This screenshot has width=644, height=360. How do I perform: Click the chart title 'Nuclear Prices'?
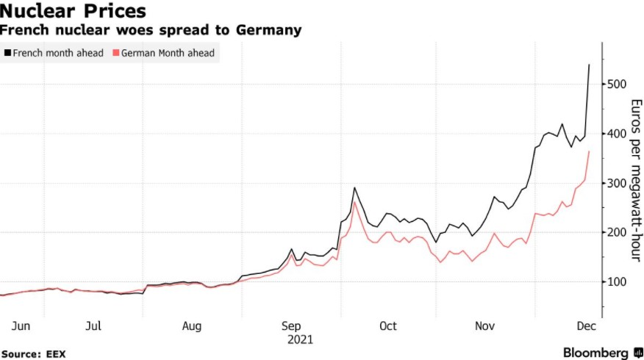click(x=73, y=12)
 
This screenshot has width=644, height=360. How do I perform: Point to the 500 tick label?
click(x=617, y=84)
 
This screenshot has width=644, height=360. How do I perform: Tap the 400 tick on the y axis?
click(x=617, y=134)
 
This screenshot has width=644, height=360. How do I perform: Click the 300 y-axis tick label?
click(x=617, y=183)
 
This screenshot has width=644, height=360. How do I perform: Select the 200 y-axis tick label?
click(x=617, y=232)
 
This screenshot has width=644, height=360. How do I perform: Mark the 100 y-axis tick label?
click(x=617, y=281)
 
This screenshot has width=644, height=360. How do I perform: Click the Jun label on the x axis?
click(x=20, y=325)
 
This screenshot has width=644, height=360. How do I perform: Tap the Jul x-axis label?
click(x=93, y=325)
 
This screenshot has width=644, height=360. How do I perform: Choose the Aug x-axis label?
click(x=191, y=325)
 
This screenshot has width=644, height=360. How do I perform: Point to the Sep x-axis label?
click(x=290, y=325)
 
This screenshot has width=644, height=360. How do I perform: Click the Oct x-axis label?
click(x=387, y=325)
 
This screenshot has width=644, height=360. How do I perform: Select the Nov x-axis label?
click(x=484, y=325)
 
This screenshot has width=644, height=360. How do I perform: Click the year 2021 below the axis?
click(x=299, y=339)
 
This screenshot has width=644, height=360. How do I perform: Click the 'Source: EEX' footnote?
click(x=33, y=353)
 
